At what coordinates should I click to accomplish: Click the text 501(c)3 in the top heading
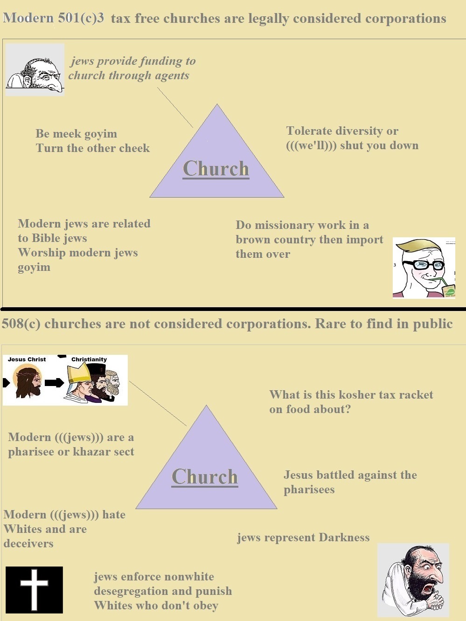click(x=81, y=18)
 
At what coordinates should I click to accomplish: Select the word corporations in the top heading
click(x=406, y=19)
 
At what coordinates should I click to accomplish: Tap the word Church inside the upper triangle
click(x=216, y=169)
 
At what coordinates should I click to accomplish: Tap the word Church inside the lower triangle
click(x=205, y=477)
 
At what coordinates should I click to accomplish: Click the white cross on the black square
click(x=34, y=589)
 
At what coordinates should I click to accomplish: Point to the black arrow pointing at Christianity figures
click(x=54, y=382)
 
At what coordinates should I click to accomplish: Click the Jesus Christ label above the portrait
click(x=27, y=359)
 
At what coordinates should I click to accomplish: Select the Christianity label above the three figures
click(x=89, y=359)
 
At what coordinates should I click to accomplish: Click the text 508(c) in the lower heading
click(x=21, y=324)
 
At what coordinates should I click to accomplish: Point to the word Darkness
click(x=344, y=537)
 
